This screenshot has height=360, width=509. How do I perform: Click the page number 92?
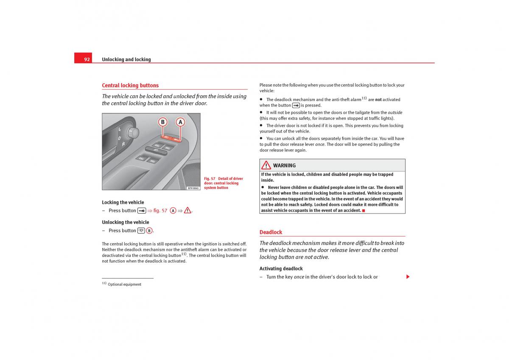click(87, 59)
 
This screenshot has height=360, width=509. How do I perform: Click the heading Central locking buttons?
click(130, 85)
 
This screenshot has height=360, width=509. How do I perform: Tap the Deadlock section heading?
click(271, 232)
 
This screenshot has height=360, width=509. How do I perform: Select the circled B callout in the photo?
click(162, 122)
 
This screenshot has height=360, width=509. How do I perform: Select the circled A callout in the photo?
click(180, 122)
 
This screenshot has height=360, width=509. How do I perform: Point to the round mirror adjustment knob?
click(133, 133)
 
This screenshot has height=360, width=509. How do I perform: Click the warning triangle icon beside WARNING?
click(266, 165)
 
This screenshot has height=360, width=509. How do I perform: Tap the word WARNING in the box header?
click(284, 166)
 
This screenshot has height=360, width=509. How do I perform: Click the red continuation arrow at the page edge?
click(408, 277)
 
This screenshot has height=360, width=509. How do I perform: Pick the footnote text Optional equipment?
click(124, 284)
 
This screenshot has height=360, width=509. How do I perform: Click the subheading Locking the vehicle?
click(123, 202)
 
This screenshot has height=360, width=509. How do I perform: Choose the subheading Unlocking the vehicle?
click(126, 222)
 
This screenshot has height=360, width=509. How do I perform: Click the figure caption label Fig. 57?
click(210, 179)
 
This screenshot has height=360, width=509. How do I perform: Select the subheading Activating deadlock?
click(281, 269)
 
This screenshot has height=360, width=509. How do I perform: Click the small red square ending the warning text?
click(364, 211)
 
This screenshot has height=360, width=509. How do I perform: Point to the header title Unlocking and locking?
click(126, 59)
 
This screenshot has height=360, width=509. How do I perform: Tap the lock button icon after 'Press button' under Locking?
click(142, 211)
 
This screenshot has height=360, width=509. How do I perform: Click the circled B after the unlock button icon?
click(149, 231)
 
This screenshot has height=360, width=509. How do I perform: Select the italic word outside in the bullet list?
click(395, 112)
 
